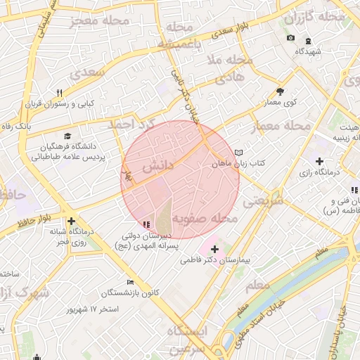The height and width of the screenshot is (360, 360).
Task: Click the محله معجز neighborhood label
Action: (101, 20)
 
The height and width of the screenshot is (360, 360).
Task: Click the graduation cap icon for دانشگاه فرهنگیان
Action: (67, 136)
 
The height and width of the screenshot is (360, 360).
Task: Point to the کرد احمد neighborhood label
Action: (129, 124)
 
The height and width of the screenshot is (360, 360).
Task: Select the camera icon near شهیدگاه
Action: (291, 37)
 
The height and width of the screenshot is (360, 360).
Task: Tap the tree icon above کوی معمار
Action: (280, 91)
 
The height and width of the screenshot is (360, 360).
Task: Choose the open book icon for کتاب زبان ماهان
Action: (239, 153)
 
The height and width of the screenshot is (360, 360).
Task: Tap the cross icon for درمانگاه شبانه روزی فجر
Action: (71, 221)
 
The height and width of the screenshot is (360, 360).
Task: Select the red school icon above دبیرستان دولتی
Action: (146, 224)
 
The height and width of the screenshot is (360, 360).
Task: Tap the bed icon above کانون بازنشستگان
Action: (129, 282)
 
